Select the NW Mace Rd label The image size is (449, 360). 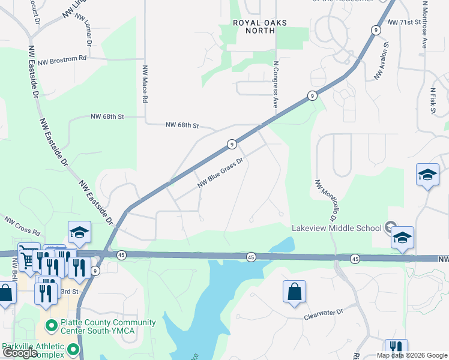point(145,84)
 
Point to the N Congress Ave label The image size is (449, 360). point(276,83)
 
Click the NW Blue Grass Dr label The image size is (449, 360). point(220,173)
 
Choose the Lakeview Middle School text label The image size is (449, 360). point(336,228)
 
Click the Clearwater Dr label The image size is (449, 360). point(322,312)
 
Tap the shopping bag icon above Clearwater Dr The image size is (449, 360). point(294,292)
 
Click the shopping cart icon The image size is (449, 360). point(27,257)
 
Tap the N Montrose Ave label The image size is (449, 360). point(424,24)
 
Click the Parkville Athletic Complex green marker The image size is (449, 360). point(73,349)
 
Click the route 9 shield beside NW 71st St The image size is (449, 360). point(375,29)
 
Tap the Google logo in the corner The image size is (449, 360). point(20,353)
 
